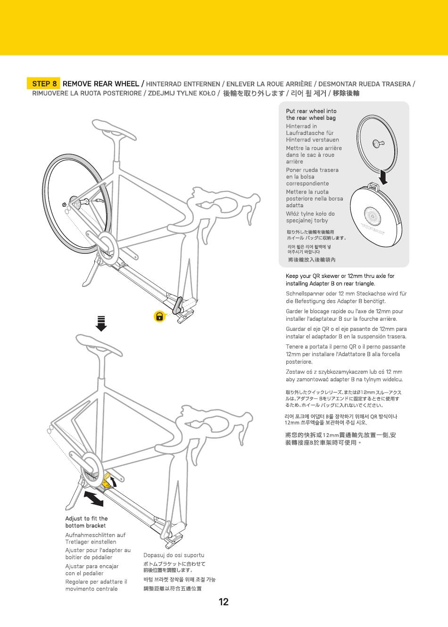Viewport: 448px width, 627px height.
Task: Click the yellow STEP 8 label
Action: tap(44, 84)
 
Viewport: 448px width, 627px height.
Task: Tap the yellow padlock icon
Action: tap(160, 316)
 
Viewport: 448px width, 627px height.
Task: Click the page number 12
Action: tap(224, 602)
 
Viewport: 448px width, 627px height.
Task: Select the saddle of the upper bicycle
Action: tap(114, 129)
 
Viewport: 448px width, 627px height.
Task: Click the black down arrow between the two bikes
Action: tap(101, 324)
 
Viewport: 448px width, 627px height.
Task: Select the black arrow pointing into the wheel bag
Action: tap(384, 176)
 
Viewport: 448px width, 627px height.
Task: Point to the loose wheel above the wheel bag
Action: tap(376, 143)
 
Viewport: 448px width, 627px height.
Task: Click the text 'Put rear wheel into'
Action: tap(311, 111)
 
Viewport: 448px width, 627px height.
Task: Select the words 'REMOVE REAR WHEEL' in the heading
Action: tap(101, 84)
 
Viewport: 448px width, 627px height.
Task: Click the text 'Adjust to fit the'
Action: tap(86, 518)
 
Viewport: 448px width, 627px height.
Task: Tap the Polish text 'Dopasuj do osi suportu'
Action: tap(174, 555)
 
